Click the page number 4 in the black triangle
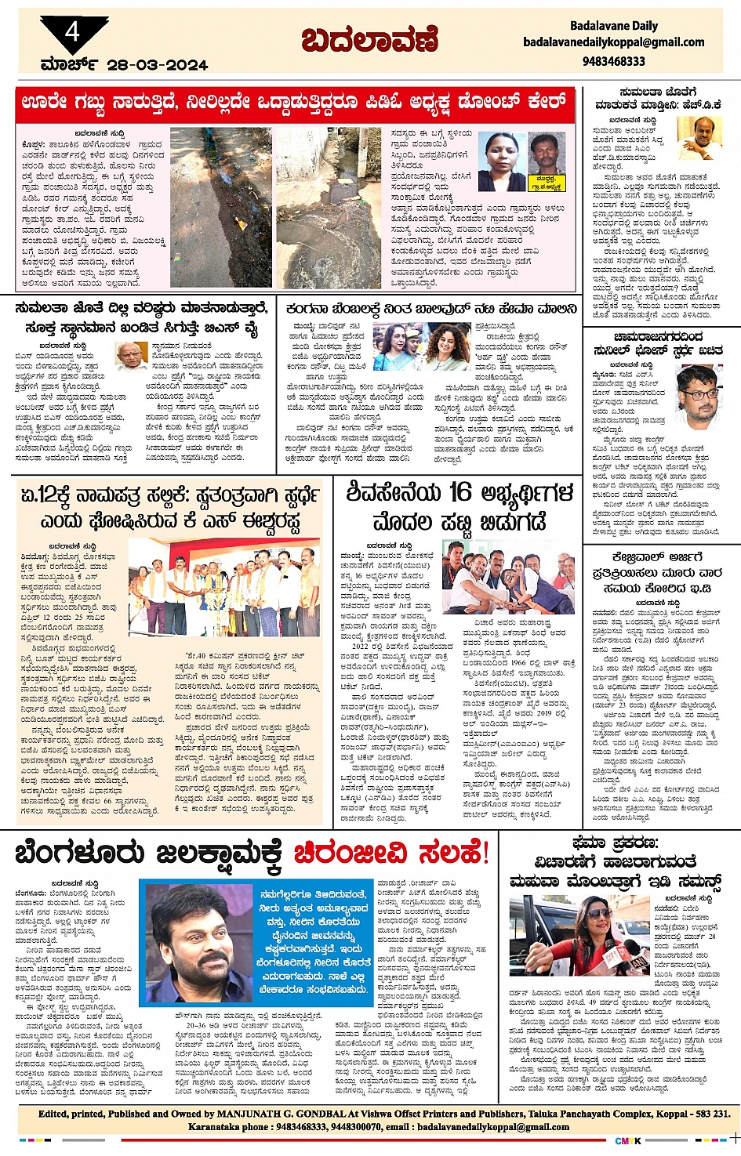click(x=72, y=32)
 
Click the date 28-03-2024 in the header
click(x=157, y=65)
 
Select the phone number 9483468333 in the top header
click(x=614, y=60)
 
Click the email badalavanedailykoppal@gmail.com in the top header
click(x=614, y=42)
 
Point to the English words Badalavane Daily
click(x=614, y=26)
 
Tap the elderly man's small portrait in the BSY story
click(x=130, y=354)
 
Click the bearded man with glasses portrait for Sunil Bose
click(x=698, y=396)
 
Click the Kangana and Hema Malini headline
click(x=431, y=309)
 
